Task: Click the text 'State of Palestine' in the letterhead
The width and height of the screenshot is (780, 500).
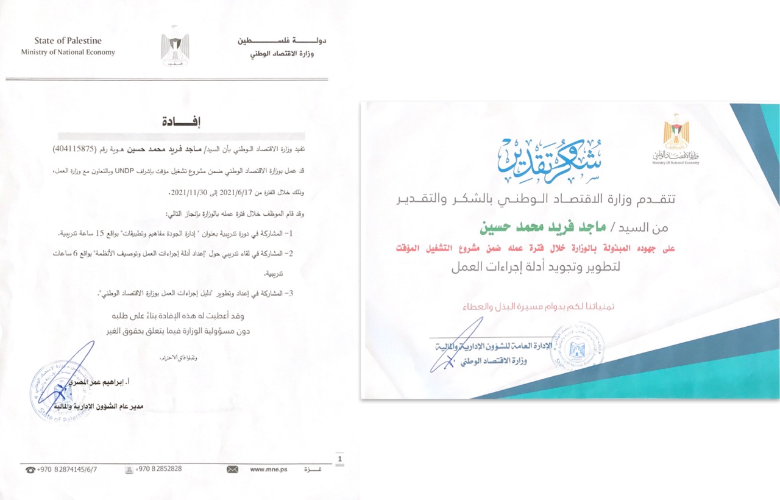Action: [x=68, y=41]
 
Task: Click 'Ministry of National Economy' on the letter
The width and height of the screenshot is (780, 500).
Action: [x=68, y=52]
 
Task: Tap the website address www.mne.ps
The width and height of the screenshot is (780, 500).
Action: [x=264, y=470]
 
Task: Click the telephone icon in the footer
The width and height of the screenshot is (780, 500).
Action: [x=30, y=470]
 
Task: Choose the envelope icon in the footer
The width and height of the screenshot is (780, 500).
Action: [x=232, y=470]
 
